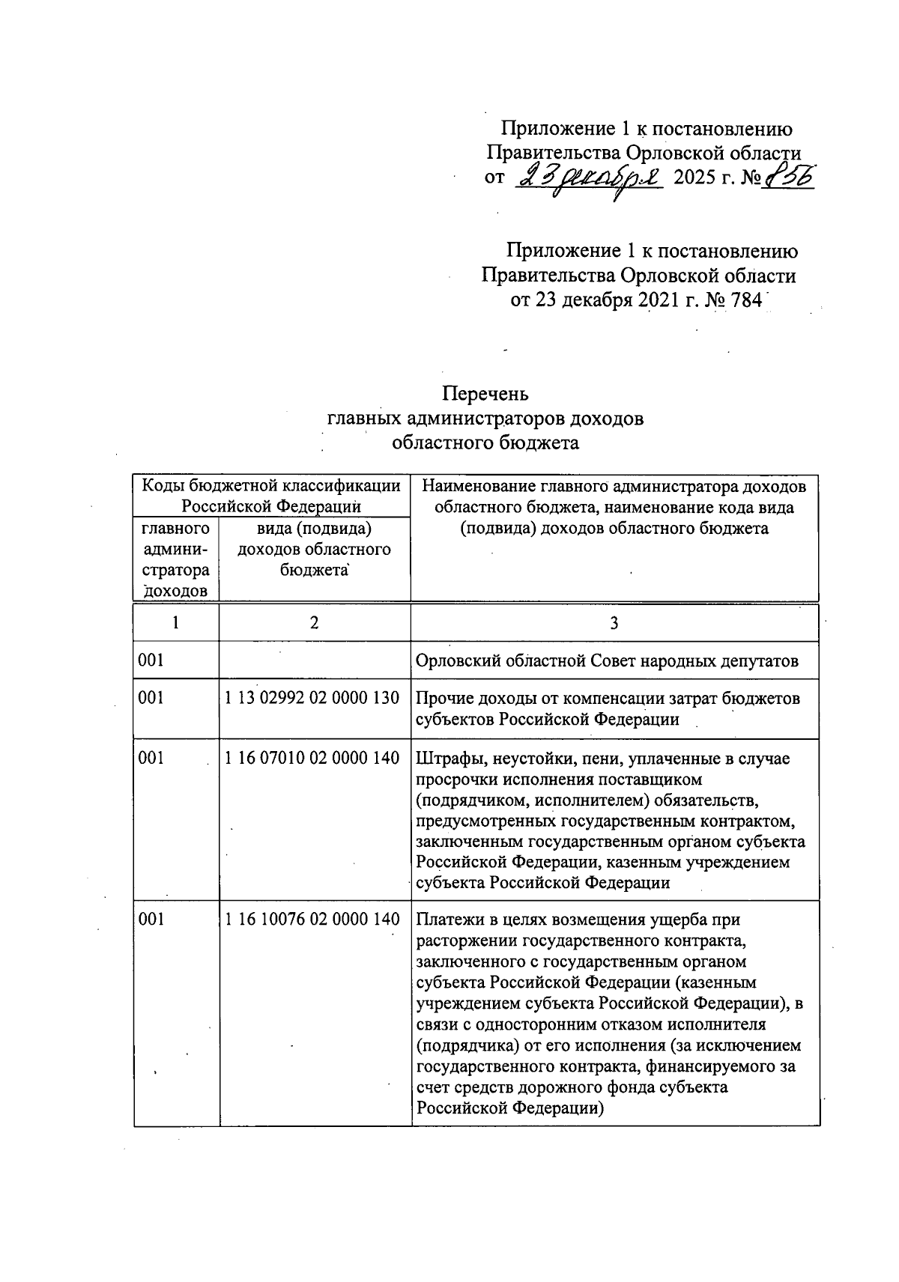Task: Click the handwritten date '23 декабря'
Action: pyautogui.click(x=590, y=179)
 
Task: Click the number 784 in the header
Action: pyautogui.click(x=745, y=300)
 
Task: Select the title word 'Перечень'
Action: pyautogui.click(x=485, y=393)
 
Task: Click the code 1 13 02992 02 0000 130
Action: pyautogui.click(x=312, y=698)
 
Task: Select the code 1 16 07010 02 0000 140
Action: pyautogui.click(x=312, y=758)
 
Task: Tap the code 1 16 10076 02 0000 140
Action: pyautogui.click(x=312, y=919)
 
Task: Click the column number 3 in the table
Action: pyautogui.click(x=614, y=623)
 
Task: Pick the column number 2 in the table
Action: pyautogui.click(x=314, y=623)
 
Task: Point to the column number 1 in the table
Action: pyautogui.click(x=175, y=623)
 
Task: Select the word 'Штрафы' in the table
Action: pyautogui.click(x=443, y=759)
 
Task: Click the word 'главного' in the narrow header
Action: pyautogui.click(x=175, y=529)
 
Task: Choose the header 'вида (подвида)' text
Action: pyautogui.click(x=314, y=529)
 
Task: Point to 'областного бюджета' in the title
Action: pyautogui.click(x=485, y=443)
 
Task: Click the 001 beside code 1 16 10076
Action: pyautogui.click(x=151, y=919)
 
